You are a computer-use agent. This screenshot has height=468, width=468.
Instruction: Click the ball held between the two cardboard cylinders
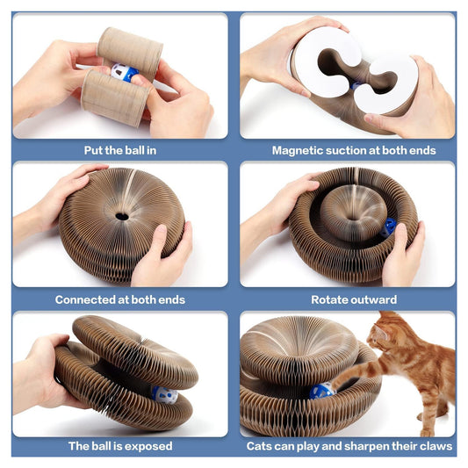pos(124,73)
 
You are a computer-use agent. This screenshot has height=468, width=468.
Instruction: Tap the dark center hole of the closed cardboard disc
pos(122,216)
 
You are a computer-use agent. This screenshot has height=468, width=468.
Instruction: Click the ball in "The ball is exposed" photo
pos(165,395)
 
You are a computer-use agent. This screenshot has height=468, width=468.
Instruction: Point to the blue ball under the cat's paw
pos(322,391)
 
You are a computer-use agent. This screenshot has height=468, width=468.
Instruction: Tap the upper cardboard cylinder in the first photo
pos(130,52)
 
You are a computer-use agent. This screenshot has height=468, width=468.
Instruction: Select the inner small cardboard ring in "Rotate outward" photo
pos(353,212)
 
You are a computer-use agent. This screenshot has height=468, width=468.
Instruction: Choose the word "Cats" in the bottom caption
pos(259,446)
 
